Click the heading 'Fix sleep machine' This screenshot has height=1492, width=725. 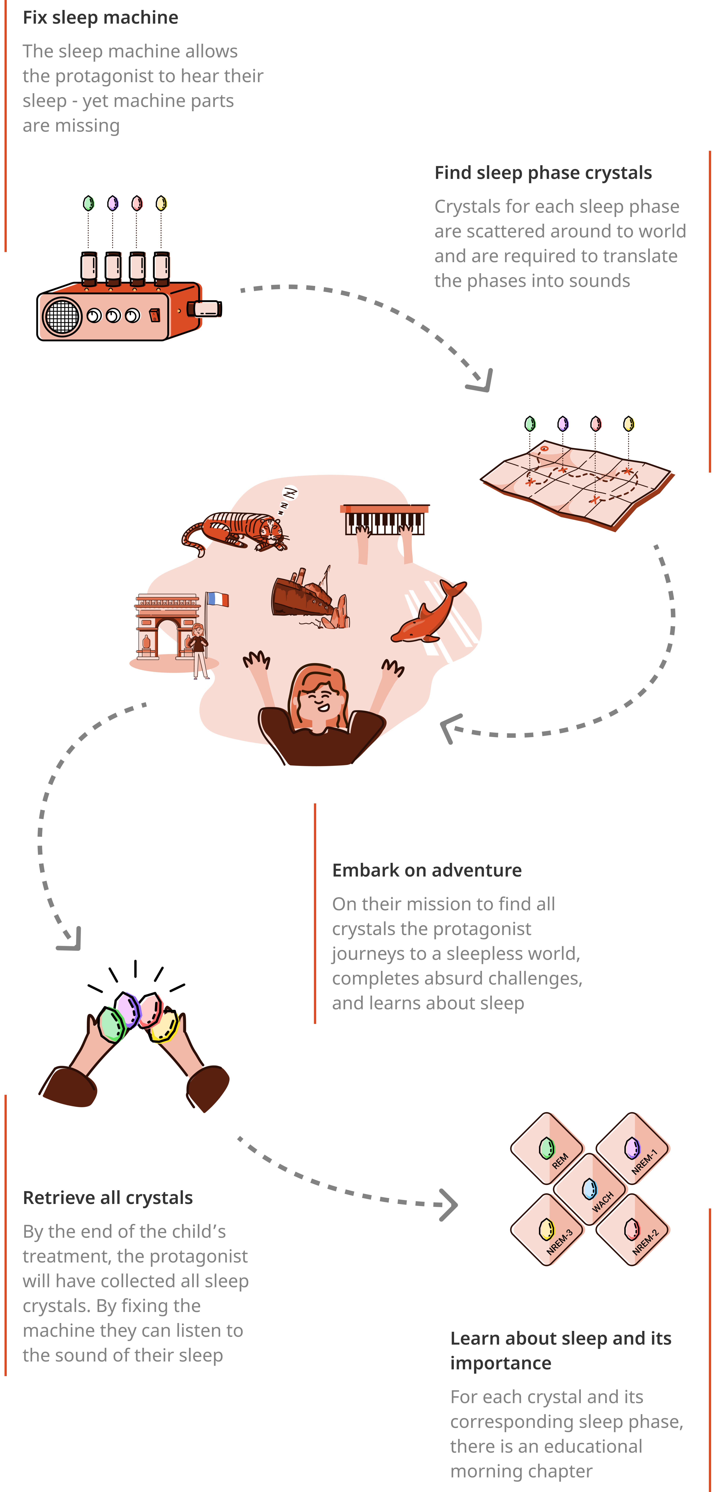pyautogui.click(x=100, y=17)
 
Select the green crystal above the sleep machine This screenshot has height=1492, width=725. pyautogui.click(x=88, y=203)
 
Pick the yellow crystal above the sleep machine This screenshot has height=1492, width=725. pyautogui.click(x=161, y=203)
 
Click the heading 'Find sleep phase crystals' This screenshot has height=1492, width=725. pyautogui.click(x=543, y=173)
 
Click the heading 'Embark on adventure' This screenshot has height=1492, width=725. pyautogui.click(x=427, y=870)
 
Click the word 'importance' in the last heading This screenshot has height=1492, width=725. pyautogui.click(x=501, y=1363)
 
